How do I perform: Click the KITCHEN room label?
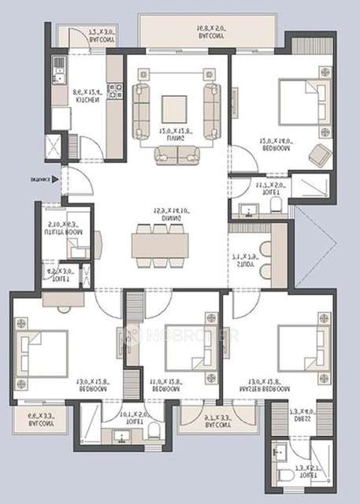pyautogui.click(x=87, y=101)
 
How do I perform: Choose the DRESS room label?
pyautogui.click(x=301, y=417)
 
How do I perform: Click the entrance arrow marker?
pyautogui.click(x=55, y=180)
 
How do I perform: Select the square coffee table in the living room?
pyautogui.click(x=175, y=106)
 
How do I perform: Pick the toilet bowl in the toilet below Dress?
pyautogui.click(x=284, y=477)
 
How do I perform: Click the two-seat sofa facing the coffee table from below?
pyautogui.click(x=176, y=154)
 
